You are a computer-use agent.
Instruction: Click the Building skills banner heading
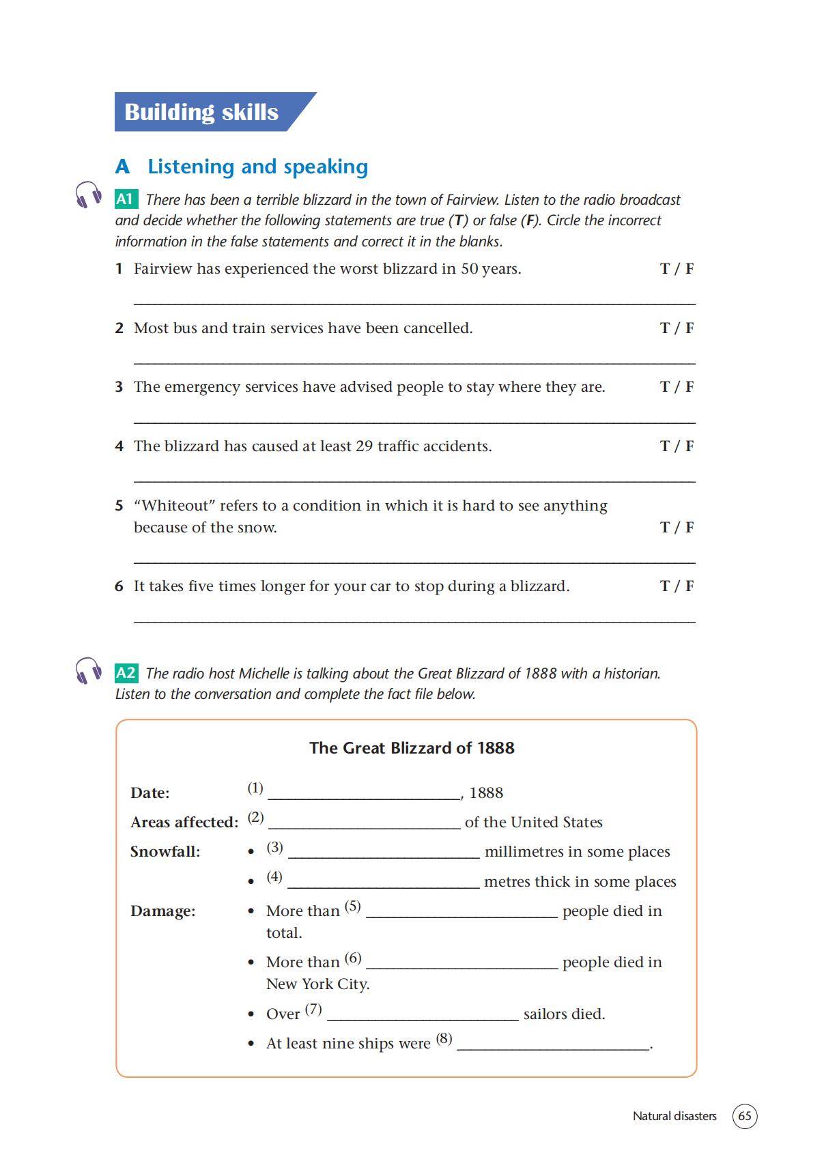(201, 112)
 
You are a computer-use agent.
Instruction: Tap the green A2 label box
(126, 673)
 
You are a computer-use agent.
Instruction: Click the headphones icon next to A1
(88, 195)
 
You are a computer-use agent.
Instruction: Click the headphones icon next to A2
(88, 670)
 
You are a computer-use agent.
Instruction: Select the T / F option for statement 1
(677, 269)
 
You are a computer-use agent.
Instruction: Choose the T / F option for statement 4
(677, 446)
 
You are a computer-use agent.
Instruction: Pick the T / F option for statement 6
(677, 586)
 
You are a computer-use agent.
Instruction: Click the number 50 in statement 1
(469, 269)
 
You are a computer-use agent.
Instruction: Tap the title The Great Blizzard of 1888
(412, 748)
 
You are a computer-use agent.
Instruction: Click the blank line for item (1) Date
(365, 795)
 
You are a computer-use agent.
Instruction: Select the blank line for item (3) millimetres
(384, 853)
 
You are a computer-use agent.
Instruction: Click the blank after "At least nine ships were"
(552, 1045)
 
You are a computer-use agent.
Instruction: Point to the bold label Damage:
(162, 911)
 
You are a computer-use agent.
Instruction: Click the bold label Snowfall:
(165, 852)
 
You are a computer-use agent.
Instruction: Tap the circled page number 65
(745, 1116)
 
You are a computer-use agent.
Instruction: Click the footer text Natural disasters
(674, 1116)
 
